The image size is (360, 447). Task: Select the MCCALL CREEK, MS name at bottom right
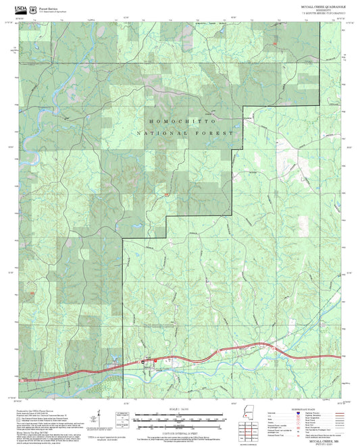[x=322, y=440]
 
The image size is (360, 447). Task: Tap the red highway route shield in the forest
[x=166, y=195]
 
